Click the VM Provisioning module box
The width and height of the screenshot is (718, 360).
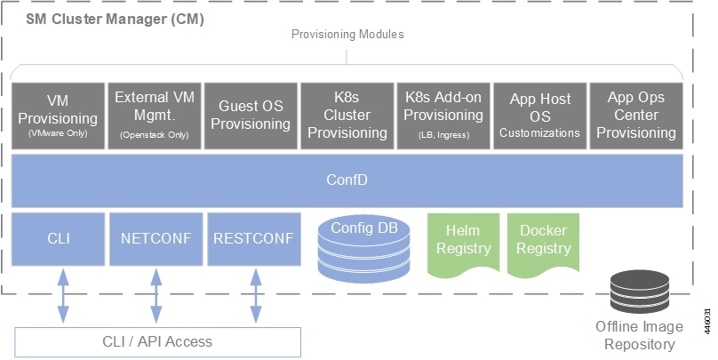[x=58, y=116]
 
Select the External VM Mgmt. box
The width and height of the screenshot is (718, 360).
[x=155, y=116]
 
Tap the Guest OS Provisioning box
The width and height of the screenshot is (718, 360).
[x=251, y=116]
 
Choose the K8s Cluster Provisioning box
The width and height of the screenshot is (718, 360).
[x=347, y=116]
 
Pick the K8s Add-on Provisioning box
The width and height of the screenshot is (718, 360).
[x=443, y=116]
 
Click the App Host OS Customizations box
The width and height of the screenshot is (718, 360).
[x=540, y=116]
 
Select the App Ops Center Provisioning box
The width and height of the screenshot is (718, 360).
[x=636, y=116]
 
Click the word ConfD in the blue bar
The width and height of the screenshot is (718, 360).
[x=347, y=180]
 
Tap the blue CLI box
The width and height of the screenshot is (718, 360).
[x=58, y=239]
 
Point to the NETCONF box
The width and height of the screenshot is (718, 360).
[x=156, y=239]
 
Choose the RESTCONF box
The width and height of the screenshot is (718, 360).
[x=254, y=239]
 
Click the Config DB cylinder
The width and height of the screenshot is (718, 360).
[x=364, y=248]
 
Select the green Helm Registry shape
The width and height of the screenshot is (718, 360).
[x=463, y=245]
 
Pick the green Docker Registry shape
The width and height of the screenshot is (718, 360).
[x=544, y=245]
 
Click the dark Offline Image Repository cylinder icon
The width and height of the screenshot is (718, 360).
[x=640, y=292]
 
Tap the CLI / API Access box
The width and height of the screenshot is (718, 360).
[x=157, y=342]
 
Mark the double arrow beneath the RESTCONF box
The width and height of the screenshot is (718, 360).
[x=256, y=296]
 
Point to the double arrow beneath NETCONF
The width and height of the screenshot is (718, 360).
[x=156, y=296]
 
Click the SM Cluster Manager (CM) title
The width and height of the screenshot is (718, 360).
[x=115, y=20]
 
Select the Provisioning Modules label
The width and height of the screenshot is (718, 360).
[x=347, y=35]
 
